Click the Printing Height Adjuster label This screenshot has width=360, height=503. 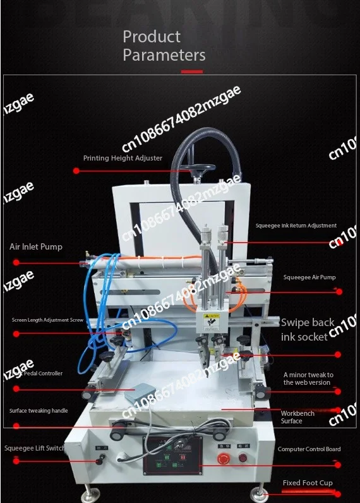(123, 158)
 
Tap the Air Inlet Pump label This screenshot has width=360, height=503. (36, 246)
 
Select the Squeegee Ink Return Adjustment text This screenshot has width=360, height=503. (296, 226)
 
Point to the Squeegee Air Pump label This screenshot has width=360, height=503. (309, 277)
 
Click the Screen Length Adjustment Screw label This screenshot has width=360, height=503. (47, 320)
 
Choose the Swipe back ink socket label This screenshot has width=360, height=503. (308, 329)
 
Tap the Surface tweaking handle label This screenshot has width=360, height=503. (39, 411)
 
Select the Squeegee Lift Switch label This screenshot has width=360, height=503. (35, 449)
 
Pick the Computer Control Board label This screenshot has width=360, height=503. (309, 449)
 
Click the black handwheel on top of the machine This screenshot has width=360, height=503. (192, 168)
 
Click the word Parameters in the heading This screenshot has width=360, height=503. (164, 55)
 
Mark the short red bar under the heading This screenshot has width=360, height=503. (192, 72)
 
